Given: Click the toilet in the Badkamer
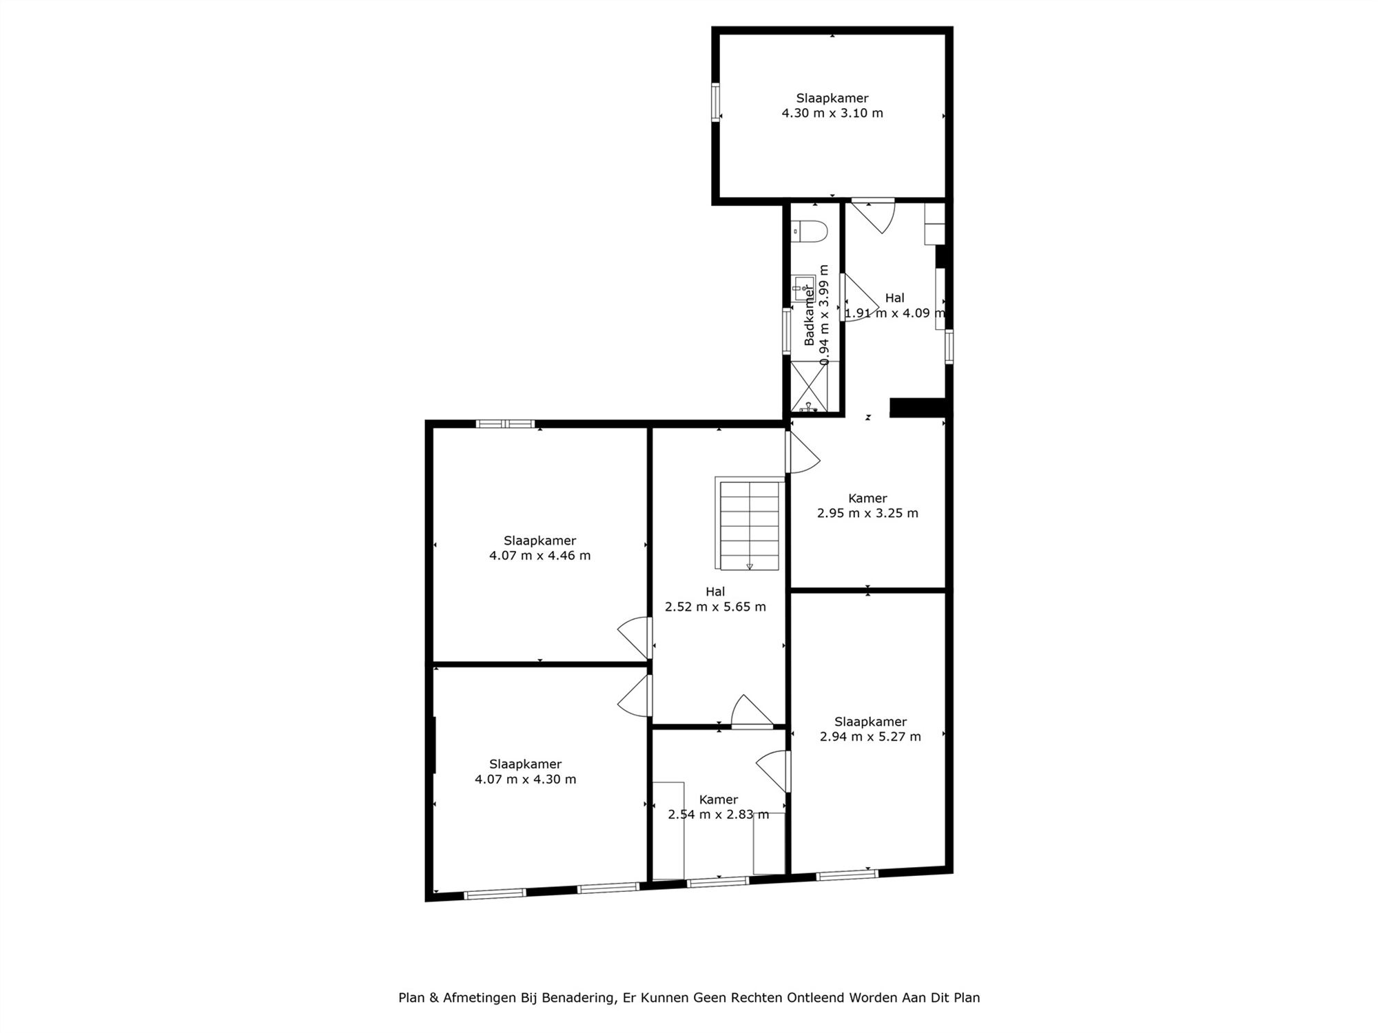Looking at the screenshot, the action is click(809, 232).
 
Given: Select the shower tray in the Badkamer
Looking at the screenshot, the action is click(815, 386).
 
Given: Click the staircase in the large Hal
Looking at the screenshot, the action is click(750, 523).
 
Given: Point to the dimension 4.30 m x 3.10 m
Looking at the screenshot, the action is click(832, 113).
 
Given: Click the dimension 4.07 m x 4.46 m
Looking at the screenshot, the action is click(539, 556).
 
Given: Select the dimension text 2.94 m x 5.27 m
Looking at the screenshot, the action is click(870, 736).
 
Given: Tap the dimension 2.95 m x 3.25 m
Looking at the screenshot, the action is click(867, 513).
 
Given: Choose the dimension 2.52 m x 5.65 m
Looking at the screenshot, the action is click(715, 607).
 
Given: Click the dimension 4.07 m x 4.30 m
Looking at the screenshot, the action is click(526, 780).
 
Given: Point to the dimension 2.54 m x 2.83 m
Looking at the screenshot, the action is click(719, 815).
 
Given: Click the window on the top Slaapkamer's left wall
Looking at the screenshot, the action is click(715, 103).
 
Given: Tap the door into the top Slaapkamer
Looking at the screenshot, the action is click(873, 215).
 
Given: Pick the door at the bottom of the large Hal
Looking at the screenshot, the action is click(752, 711).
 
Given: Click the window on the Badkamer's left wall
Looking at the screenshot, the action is click(786, 332).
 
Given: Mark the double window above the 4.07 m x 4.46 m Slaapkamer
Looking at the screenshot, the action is click(506, 424).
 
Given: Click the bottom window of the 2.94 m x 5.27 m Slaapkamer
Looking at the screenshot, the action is click(847, 875).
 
